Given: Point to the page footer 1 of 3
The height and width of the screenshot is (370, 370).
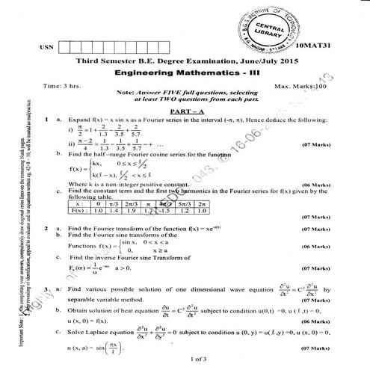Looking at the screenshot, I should [184, 360].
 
